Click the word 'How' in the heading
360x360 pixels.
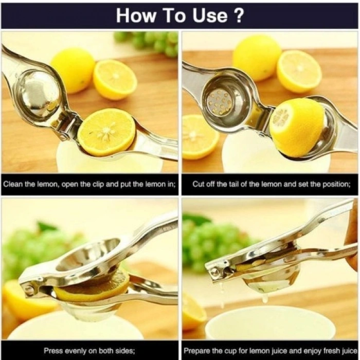135,15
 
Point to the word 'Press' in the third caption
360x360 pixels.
54,351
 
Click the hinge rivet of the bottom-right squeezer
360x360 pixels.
214,271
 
